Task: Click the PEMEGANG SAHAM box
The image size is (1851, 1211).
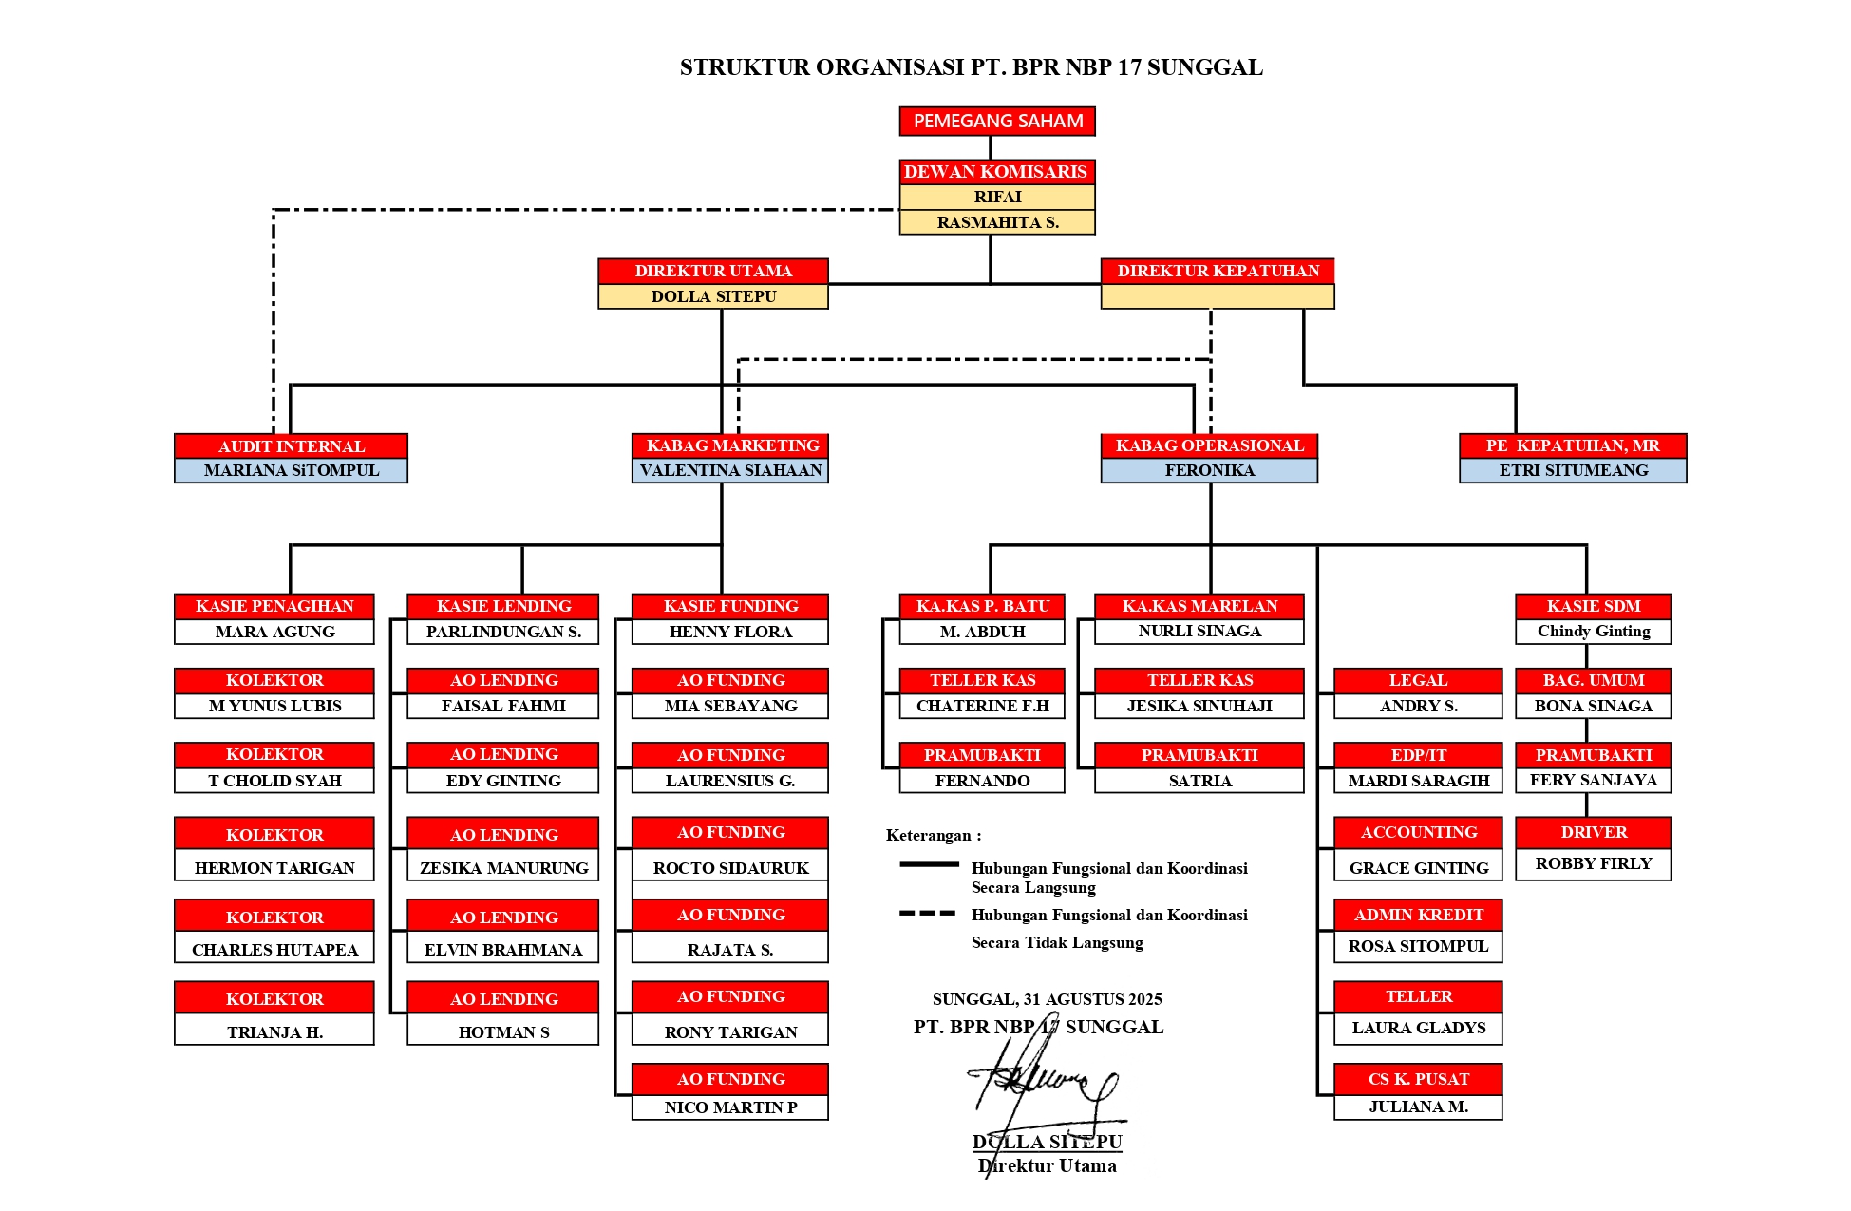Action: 997,121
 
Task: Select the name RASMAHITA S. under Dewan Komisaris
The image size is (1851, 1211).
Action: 997,222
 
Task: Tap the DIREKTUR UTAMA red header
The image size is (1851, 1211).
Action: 712,271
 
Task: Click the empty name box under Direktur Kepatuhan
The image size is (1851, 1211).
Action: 1218,296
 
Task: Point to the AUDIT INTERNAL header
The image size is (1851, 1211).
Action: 291,445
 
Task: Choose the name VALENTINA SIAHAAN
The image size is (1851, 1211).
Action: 730,470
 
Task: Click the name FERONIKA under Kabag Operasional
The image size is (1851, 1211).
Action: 1209,470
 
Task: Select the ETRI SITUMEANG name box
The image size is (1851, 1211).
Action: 1573,470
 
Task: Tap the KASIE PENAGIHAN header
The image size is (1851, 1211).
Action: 274,606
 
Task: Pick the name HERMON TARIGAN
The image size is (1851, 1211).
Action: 274,867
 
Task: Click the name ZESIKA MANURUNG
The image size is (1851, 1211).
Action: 503,867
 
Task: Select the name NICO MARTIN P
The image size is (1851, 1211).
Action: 730,1107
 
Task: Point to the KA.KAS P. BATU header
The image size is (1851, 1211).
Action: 982,606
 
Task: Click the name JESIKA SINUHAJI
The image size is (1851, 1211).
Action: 1199,706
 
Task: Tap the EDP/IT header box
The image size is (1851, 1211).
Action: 1418,755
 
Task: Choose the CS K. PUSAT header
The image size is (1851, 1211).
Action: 1418,1079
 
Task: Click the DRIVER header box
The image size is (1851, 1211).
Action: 1593,832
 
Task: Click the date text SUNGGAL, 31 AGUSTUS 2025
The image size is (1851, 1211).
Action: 1047,999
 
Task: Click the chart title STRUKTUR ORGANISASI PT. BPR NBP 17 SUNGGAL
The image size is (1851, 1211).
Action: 971,67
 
